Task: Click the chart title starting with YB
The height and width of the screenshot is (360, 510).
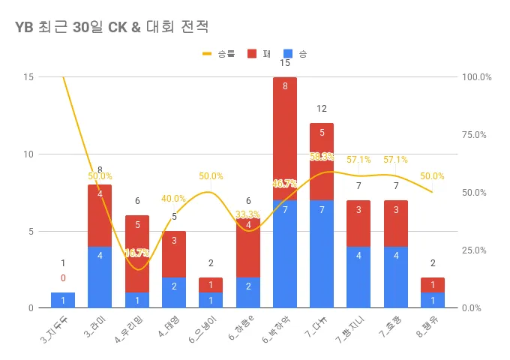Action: tap(112, 28)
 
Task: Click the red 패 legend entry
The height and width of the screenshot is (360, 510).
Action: tap(259, 54)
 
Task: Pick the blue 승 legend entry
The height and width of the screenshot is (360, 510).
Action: tap(295, 54)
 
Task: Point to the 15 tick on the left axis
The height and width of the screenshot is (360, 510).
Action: tap(28, 77)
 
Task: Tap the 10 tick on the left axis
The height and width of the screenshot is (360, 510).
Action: tap(28, 154)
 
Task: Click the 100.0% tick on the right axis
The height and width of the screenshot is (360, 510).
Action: tap(476, 77)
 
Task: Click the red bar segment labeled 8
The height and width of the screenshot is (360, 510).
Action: tap(285, 139)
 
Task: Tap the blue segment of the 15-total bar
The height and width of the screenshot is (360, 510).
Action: tap(285, 253)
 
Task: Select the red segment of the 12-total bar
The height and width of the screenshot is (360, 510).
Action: tap(322, 161)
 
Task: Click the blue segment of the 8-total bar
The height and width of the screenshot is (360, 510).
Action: tap(100, 277)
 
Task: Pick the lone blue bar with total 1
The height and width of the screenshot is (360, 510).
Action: tap(63, 300)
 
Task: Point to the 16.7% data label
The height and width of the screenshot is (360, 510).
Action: tap(137, 253)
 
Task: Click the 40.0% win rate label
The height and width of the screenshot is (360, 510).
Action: tap(174, 199)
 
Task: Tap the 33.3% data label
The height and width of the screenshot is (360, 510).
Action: tap(247, 214)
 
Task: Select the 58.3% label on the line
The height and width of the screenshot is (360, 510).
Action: tap(322, 157)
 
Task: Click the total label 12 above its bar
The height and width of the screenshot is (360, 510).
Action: tap(322, 109)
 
